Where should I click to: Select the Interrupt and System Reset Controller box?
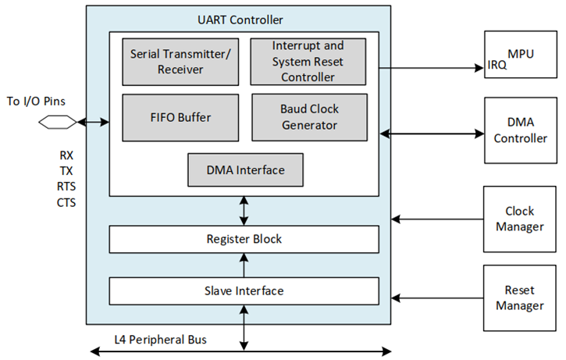[308, 62]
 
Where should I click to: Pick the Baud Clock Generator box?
[309, 117]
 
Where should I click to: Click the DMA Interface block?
[245, 170]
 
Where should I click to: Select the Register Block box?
[244, 240]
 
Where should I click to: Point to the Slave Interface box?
[244, 290]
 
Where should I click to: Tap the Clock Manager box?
[521, 219]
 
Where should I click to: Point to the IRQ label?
[497, 66]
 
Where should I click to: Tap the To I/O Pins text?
[39, 101]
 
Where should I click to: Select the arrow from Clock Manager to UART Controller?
[437, 219]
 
